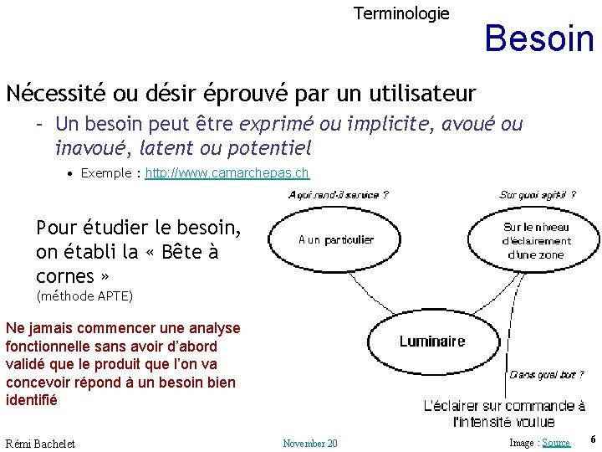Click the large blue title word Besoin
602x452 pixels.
click(538, 38)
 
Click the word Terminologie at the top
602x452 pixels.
click(401, 13)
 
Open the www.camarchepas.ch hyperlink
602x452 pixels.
click(227, 173)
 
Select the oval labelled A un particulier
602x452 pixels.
click(336, 240)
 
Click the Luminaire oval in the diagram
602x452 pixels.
click(432, 342)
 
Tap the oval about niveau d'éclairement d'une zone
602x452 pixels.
click(536, 240)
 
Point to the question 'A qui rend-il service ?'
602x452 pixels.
click(338, 195)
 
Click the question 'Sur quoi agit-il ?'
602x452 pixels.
click(538, 195)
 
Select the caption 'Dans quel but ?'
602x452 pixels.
click(547, 374)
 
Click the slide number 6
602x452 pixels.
click(593, 439)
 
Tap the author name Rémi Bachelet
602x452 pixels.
click(40, 443)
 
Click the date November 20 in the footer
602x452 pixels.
click(310, 443)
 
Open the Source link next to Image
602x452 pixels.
click(556, 443)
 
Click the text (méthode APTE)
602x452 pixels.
click(84, 296)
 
